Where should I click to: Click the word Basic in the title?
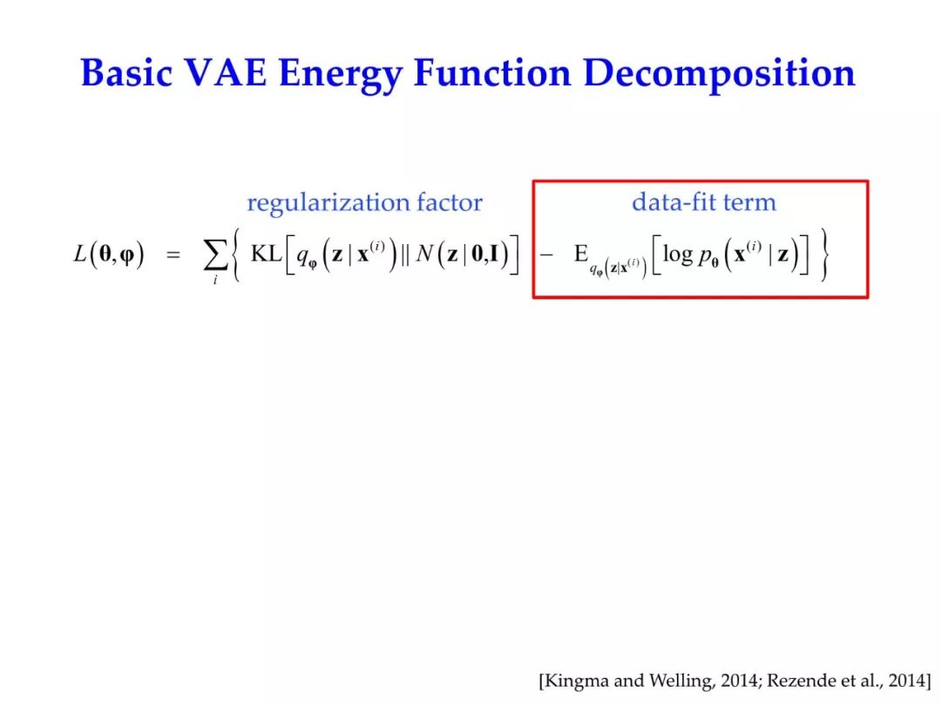click(x=126, y=72)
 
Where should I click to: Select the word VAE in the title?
click(x=226, y=72)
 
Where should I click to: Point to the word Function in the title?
click(x=492, y=72)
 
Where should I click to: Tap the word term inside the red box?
click(x=749, y=202)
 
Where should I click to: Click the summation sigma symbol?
click(x=215, y=255)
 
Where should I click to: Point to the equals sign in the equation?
click(x=173, y=255)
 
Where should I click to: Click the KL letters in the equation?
click(x=267, y=254)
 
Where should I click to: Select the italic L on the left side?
click(x=80, y=254)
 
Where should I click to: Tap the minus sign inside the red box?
click(x=546, y=255)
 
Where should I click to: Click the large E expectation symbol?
click(x=580, y=254)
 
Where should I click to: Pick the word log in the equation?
click(x=678, y=255)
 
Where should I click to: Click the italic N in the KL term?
click(x=423, y=254)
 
